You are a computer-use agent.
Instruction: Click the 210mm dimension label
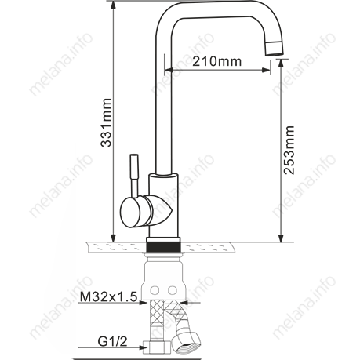(x=217, y=61)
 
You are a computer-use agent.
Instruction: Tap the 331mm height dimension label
(x=107, y=122)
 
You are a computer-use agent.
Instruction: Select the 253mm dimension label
(x=289, y=150)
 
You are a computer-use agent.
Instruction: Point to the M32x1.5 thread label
(x=108, y=297)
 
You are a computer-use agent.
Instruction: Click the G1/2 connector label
(x=113, y=341)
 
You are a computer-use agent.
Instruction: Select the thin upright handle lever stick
(x=134, y=175)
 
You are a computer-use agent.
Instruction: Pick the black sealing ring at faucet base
(x=163, y=246)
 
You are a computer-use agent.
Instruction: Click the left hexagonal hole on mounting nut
(x=155, y=290)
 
